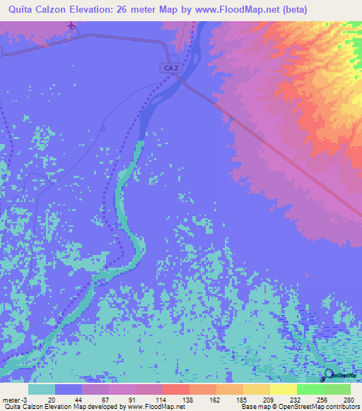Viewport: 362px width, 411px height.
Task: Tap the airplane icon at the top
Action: click(x=71, y=26)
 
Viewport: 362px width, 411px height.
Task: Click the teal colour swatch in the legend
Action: click(x=42, y=390)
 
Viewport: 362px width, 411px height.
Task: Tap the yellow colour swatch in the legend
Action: click(x=283, y=390)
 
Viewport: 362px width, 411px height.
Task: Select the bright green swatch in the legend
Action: click(x=310, y=390)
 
